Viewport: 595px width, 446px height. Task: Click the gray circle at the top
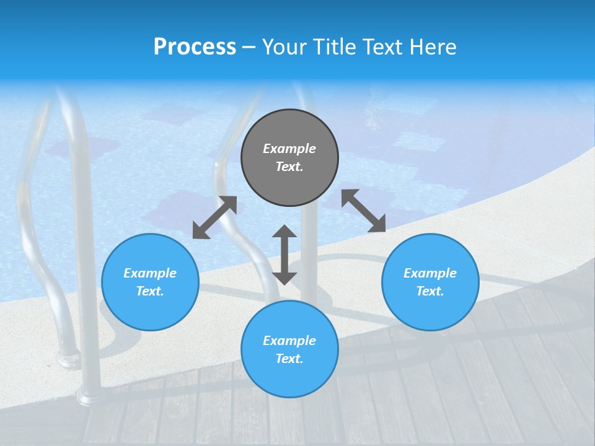click(x=289, y=158)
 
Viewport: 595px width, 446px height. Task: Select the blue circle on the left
click(x=150, y=282)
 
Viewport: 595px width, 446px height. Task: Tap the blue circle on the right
click(x=430, y=282)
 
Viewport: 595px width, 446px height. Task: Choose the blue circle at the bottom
click(x=289, y=349)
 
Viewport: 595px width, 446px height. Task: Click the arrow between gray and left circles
click(x=214, y=217)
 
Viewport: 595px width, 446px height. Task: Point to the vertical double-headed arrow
click(x=284, y=255)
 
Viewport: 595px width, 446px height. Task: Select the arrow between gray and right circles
click(x=364, y=211)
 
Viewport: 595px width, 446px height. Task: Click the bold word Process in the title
click(x=195, y=46)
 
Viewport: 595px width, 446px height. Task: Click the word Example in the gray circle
click(x=289, y=149)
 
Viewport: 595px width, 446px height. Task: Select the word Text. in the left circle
click(x=150, y=291)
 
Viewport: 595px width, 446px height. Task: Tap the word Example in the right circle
click(x=430, y=273)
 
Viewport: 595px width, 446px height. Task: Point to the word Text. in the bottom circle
click(x=289, y=359)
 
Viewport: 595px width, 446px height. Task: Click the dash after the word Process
click(x=249, y=47)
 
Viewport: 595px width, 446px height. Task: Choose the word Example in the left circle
click(x=150, y=273)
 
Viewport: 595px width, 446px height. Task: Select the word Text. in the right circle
click(x=430, y=291)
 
